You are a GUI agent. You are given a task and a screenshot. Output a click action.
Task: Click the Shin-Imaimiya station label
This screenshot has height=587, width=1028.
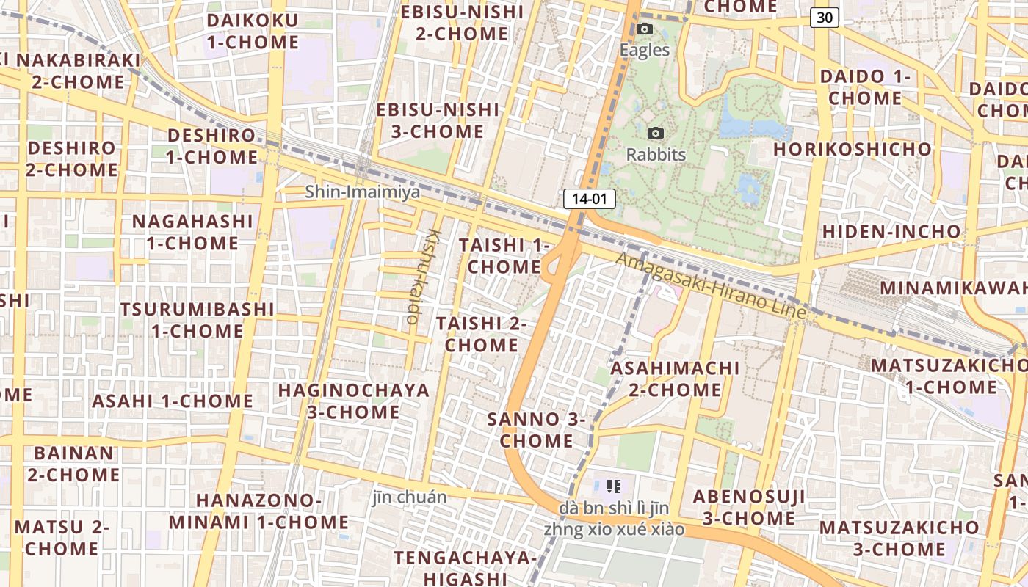coord(363,192)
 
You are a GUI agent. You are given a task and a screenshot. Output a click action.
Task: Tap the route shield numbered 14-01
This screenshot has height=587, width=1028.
coord(589,198)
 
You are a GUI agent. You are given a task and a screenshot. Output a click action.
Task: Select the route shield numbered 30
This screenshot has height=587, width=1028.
coord(825,18)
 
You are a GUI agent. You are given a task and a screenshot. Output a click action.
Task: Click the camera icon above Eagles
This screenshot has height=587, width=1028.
coord(645,29)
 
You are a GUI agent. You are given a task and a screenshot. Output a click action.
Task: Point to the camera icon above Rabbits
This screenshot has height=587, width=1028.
coord(656,134)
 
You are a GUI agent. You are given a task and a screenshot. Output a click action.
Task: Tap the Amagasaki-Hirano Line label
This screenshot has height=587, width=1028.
coord(711,285)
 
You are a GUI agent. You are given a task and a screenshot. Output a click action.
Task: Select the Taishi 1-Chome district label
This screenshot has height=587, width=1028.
coord(504,255)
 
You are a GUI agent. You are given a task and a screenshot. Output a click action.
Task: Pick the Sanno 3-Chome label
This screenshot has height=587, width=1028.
coord(536,430)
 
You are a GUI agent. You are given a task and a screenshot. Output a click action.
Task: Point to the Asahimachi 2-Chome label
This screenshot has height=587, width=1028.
coord(675,378)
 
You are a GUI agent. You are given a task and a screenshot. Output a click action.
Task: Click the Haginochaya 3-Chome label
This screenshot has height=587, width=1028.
coord(353,401)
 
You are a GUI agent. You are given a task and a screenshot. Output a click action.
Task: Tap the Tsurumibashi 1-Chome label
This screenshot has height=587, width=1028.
coord(198,319)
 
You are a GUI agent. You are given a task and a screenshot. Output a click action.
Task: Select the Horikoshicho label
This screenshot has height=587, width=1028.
coord(852,149)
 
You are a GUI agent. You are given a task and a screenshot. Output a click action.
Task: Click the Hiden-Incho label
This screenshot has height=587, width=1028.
coord(891,232)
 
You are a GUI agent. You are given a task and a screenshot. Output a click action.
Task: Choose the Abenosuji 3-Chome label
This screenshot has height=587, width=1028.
coord(749,507)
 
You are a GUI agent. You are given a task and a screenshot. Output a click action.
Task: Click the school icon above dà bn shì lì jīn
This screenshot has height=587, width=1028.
coord(615,486)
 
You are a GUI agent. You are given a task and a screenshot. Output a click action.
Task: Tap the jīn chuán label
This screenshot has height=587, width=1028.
coord(409,497)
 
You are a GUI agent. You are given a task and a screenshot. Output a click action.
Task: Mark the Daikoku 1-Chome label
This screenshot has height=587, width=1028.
coord(253,31)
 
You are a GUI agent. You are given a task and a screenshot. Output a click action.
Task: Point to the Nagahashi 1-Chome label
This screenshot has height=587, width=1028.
coord(192,232)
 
